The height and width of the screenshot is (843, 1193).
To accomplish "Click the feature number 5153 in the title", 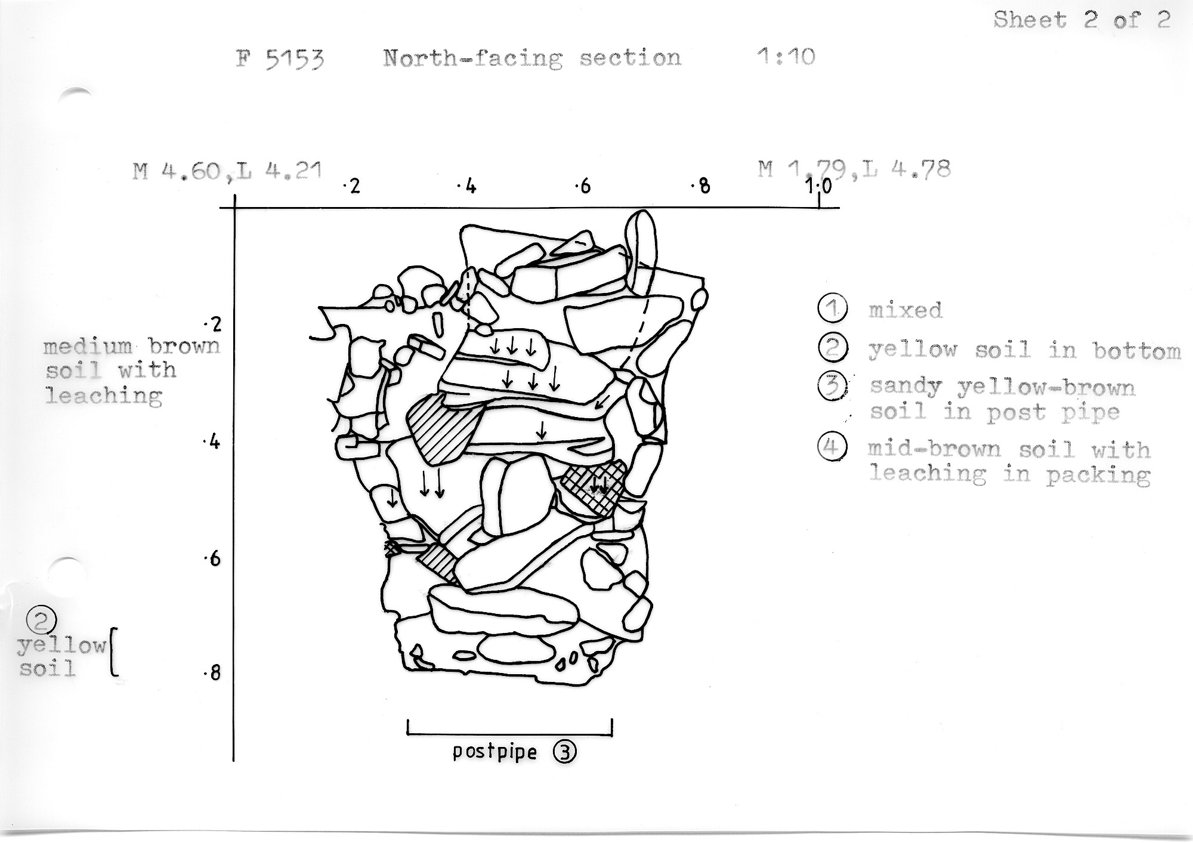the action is tap(295, 59).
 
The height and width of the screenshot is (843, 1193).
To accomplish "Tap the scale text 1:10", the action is tap(786, 57).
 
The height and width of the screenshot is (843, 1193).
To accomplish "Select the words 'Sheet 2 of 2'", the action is tap(1082, 20).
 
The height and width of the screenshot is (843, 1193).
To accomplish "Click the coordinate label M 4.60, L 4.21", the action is tap(227, 171).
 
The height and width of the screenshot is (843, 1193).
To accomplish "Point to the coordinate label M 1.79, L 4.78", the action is tap(854, 169).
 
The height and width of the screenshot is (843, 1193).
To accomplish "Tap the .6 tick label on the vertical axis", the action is tap(212, 559).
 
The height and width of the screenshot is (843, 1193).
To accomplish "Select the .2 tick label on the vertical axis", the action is tap(212, 325).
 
